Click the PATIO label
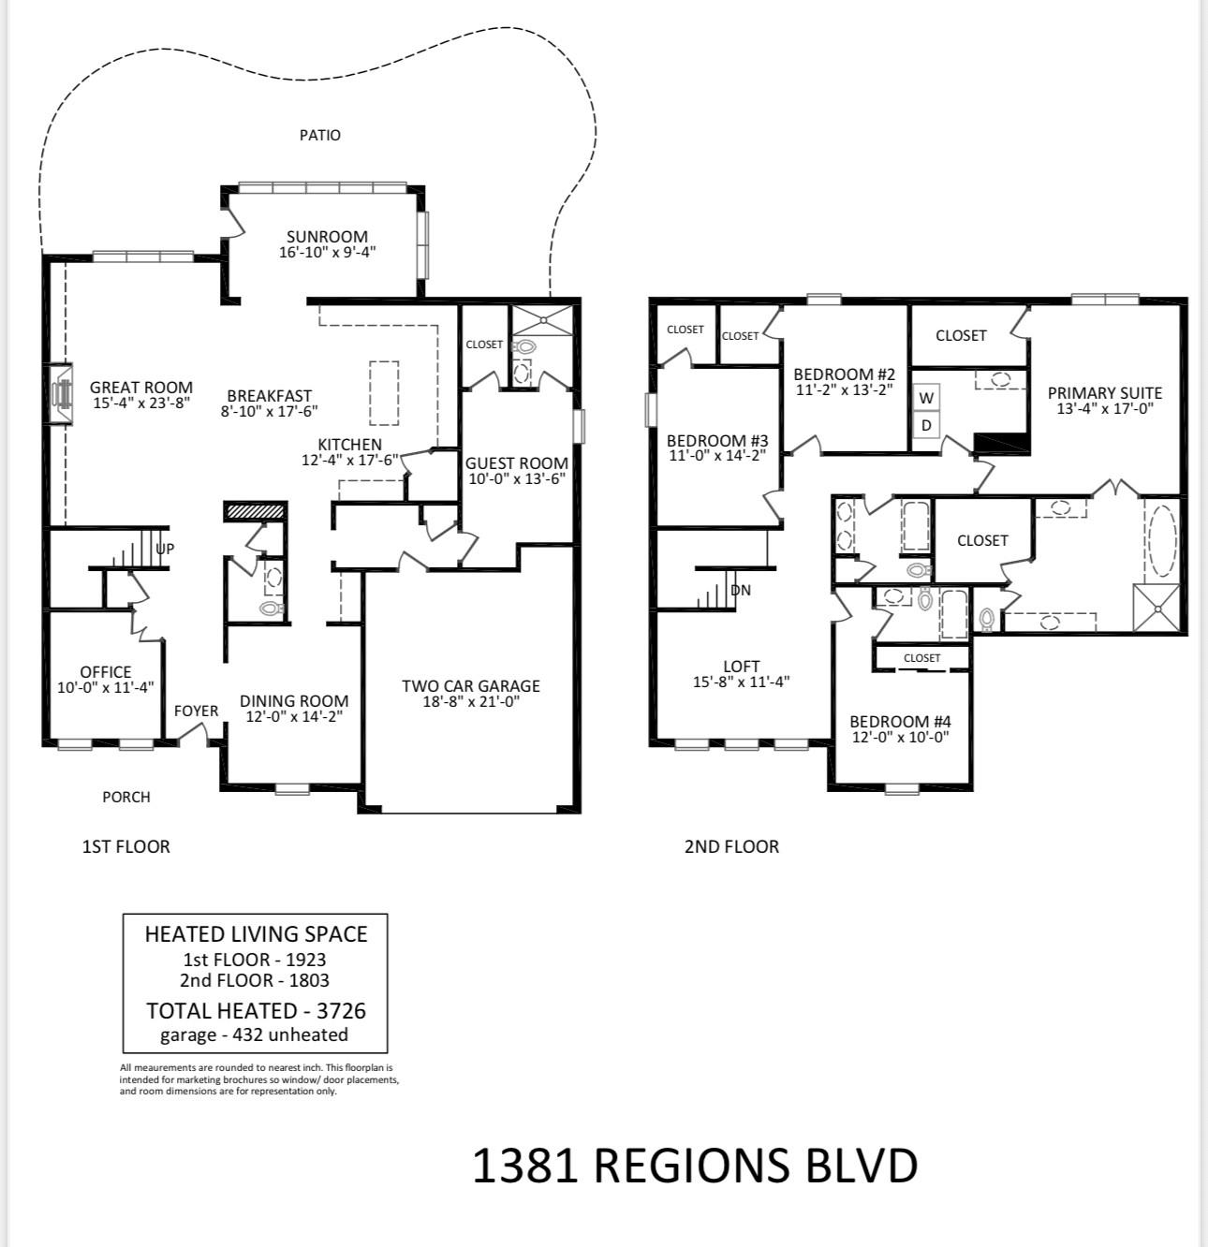click(x=319, y=135)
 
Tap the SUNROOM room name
click(x=327, y=237)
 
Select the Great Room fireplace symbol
click(x=60, y=393)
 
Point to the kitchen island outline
click(x=384, y=393)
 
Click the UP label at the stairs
click(x=165, y=550)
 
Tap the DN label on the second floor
click(x=740, y=590)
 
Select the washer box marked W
click(x=926, y=398)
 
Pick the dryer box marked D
click(x=926, y=425)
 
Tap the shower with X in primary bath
click(x=1156, y=608)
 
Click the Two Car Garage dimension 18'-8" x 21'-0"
click(x=471, y=701)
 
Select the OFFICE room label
click(x=106, y=671)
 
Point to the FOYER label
click(x=196, y=711)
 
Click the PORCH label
click(x=126, y=797)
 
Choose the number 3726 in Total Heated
click(x=341, y=1010)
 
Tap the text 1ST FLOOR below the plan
click(x=126, y=846)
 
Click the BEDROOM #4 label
click(x=900, y=722)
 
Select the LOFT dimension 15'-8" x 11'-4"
click(x=741, y=682)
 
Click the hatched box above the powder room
click(x=254, y=511)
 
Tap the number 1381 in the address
click(x=524, y=1165)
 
